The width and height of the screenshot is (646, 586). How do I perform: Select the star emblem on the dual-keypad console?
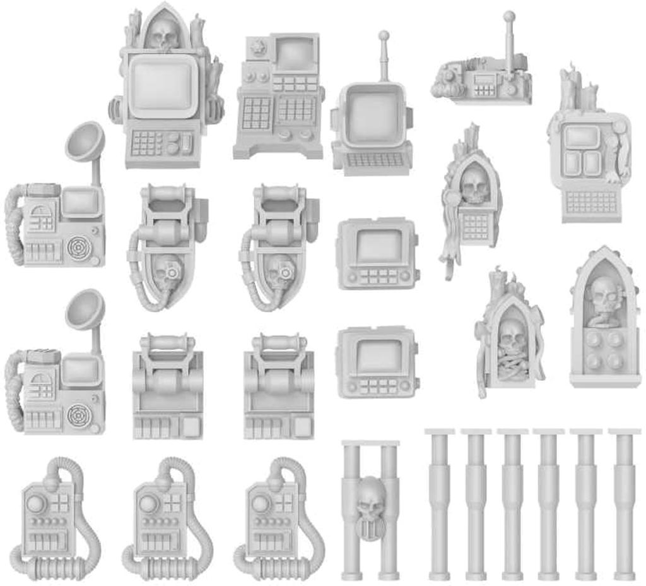(257, 47)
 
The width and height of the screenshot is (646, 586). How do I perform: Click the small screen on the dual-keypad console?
(296, 54)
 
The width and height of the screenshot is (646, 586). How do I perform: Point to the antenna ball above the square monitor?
(383, 35)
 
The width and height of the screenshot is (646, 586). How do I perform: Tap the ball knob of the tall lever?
(509, 16)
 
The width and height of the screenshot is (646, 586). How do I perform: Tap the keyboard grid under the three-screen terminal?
(590, 201)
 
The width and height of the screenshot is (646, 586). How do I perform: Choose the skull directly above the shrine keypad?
(474, 184)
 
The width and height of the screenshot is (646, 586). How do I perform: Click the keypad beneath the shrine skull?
(475, 225)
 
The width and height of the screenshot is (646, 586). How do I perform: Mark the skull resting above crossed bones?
(512, 337)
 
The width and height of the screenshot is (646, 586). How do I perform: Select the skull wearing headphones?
(605, 296)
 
